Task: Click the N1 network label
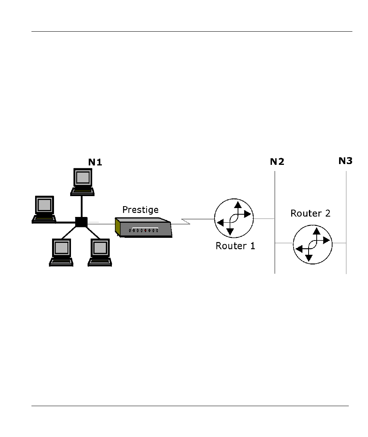click(95, 162)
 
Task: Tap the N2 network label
click(277, 162)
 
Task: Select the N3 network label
click(346, 161)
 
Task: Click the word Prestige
click(140, 210)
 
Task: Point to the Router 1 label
click(235, 246)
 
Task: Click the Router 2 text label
click(311, 213)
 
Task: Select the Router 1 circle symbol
click(234, 218)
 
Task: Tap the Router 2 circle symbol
click(312, 244)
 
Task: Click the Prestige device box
click(143, 227)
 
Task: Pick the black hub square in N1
click(81, 222)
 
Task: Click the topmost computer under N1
click(83, 182)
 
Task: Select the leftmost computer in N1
click(44, 209)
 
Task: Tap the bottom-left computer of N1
click(61, 252)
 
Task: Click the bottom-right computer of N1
click(100, 252)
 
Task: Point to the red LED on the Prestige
click(145, 230)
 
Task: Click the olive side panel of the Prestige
click(118, 227)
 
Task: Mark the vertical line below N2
click(275, 222)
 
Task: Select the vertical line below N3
click(346, 222)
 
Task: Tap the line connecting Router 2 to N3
click(339, 243)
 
